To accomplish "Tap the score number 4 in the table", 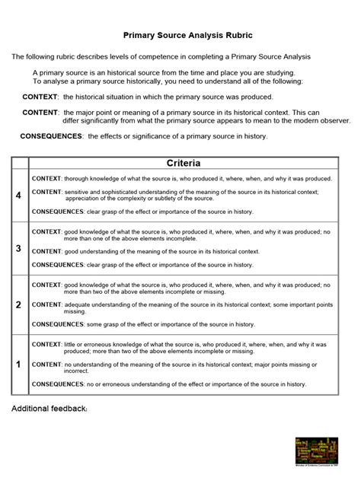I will point(18,196).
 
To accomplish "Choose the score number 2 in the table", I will point(18,304).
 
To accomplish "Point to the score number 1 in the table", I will point(18,365).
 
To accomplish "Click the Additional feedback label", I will point(50,409).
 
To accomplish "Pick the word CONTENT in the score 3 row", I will point(46,251).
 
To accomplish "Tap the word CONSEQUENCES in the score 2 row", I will point(57,323).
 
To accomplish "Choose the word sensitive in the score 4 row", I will point(79,192).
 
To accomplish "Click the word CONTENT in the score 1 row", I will point(46,365).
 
